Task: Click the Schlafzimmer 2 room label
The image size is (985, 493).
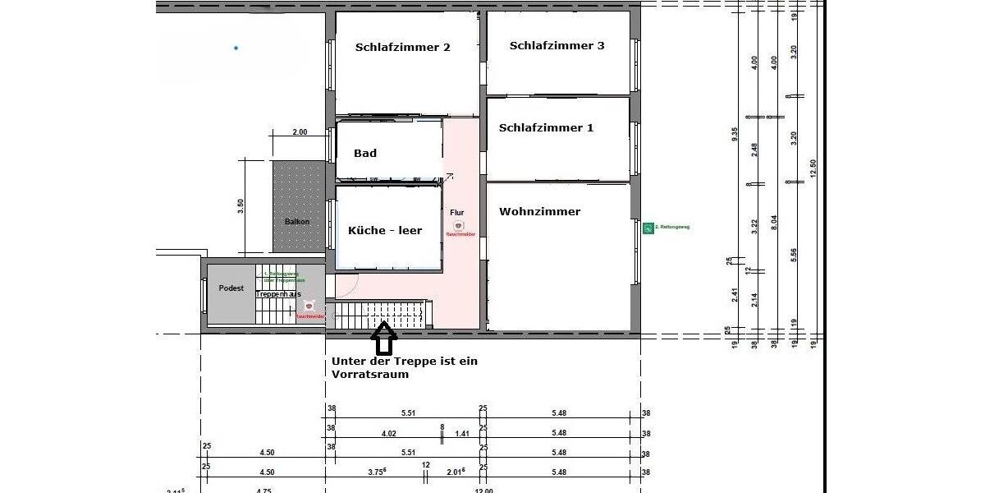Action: (402, 48)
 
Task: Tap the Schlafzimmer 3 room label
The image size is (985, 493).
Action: (557, 46)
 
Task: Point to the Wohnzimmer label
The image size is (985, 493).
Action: (539, 212)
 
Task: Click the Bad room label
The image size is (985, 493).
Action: (365, 154)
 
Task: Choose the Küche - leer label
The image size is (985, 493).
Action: (384, 231)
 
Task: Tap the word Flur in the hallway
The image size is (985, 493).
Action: (457, 213)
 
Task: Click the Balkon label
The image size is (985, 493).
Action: (297, 222)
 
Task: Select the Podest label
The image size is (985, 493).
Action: (232, 288)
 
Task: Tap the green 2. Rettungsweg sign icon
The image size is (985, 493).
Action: (648, 227)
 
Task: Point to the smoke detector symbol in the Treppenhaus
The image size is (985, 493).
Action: (309, 306)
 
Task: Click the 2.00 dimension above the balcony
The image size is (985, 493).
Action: (300, 132)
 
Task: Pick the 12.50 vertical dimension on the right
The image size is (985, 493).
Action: (813, 168)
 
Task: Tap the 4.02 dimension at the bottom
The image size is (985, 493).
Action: (388, 433)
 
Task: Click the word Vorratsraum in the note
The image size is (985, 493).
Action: (370, 375)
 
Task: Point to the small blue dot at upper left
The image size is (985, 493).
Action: (236, 48)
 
